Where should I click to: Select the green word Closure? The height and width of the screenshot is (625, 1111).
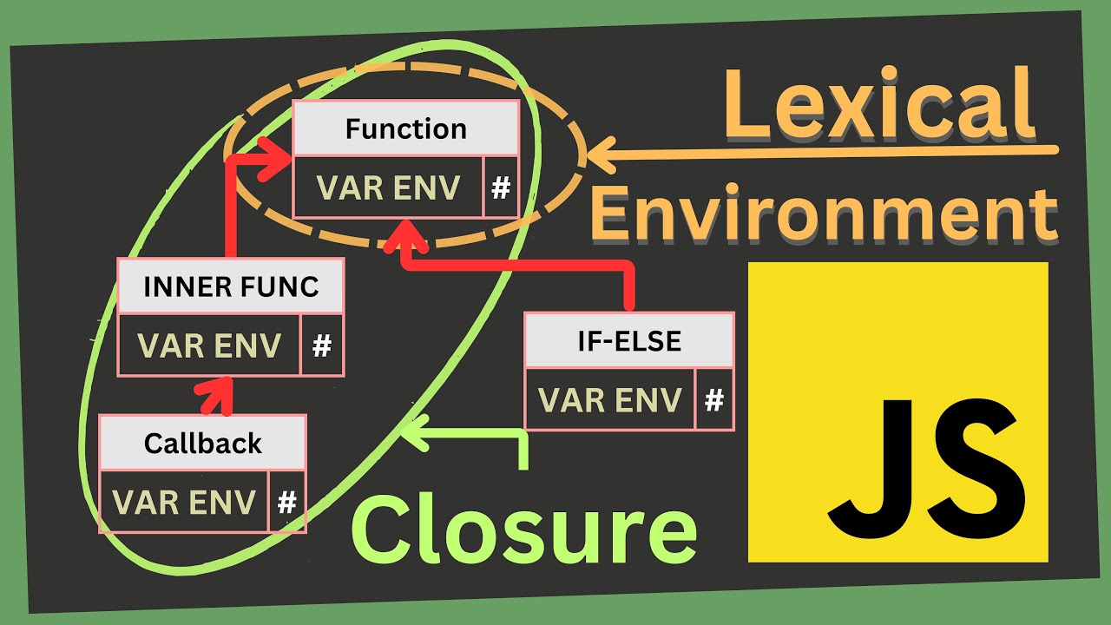coord(524,527)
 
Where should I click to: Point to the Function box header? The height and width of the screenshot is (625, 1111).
coord(405,129)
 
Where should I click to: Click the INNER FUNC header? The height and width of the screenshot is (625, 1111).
coord(231,287)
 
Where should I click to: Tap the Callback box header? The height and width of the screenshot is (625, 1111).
coord(202,444)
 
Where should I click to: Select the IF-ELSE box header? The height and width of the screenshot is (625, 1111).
coord(629,341)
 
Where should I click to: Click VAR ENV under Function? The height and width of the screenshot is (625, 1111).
coord(388,187)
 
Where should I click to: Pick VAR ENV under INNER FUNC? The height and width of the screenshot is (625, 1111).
coord(209,345)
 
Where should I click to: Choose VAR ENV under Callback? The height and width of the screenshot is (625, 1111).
coord(184,502)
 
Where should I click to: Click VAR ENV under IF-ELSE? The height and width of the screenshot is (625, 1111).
coord(609,400)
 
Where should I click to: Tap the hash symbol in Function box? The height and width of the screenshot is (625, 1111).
coord(501,187)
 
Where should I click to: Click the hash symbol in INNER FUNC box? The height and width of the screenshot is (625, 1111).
coord(322,346)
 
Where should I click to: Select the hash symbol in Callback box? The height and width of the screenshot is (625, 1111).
coord(287,502)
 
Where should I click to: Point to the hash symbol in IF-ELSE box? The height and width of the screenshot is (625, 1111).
coord(714,400)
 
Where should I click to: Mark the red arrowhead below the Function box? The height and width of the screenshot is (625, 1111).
coord(402,236)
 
